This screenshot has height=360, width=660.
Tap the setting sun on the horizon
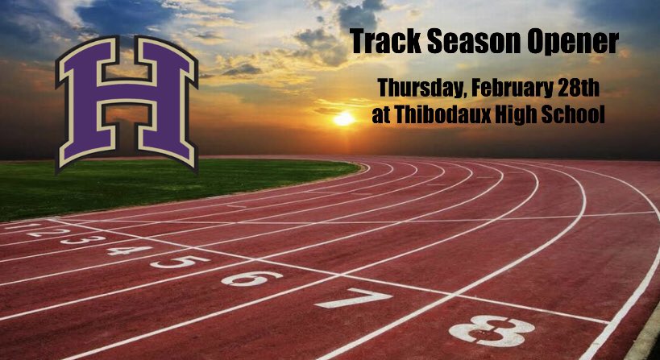[344, 119]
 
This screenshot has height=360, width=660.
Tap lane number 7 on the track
[353, 298]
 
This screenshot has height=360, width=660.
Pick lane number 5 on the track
[179, 261]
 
